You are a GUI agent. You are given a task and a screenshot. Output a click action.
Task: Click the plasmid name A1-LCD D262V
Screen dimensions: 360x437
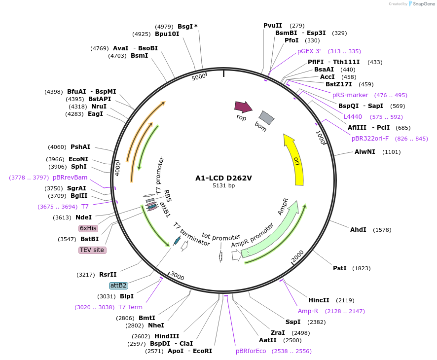tap(223, 178)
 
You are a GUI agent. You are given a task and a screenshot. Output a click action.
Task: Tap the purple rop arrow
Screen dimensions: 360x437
tap(243, 107)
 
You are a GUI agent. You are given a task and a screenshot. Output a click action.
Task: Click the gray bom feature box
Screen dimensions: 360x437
tap(266, 117)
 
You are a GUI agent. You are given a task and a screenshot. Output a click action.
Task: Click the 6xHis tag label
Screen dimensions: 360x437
tap(88, 228)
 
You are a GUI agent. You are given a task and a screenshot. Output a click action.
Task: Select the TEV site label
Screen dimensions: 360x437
tap(92, 250)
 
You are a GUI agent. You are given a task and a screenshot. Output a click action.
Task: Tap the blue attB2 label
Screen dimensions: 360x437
tap(118, 286)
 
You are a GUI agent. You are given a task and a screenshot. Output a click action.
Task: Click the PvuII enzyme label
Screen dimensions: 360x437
tap(273, 26)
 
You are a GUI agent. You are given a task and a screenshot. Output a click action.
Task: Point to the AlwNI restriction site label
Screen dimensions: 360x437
tap(365, 152)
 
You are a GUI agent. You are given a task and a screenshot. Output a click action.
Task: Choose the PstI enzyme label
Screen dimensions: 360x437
tap(340, 268)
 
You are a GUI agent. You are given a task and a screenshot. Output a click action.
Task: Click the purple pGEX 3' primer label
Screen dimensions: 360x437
tap(309, 51)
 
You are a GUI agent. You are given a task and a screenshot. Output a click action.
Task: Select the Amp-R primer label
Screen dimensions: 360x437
tap(308, 311)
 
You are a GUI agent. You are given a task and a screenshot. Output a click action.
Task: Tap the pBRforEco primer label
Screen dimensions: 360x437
tap(251, 351)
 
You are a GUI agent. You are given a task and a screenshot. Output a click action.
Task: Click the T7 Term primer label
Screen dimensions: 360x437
tap(130, 307)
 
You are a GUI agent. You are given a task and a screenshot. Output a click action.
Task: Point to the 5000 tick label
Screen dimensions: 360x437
tap(198, 77)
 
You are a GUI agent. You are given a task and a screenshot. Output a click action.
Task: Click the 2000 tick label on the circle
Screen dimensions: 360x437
tap(297, 256)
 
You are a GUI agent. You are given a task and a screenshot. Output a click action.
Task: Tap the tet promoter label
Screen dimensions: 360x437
tap(221, 237)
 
